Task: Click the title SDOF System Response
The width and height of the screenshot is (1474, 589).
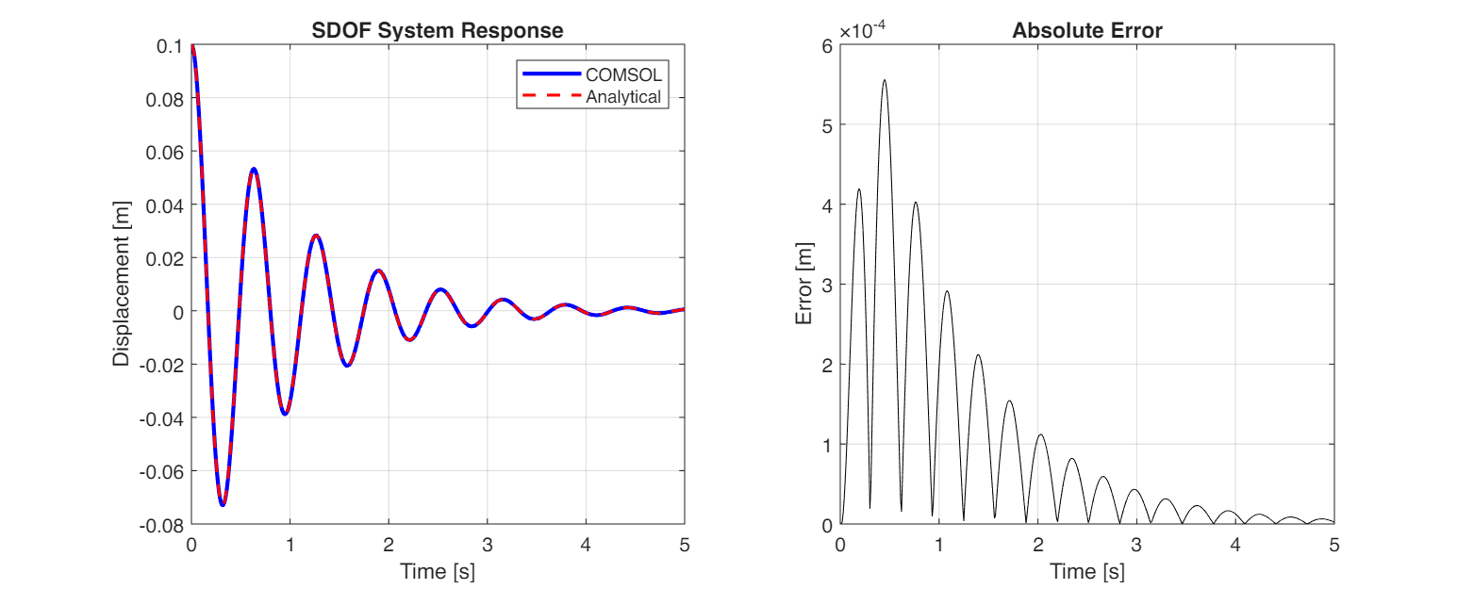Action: tap(438, 30)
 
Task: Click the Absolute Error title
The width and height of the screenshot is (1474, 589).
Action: tap(1086, 30)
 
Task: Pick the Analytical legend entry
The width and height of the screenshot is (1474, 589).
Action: tap(623, 96)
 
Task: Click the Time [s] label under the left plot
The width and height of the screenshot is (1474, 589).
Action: tap(438, 571)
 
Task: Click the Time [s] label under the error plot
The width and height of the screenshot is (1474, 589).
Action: tap(1086, 571)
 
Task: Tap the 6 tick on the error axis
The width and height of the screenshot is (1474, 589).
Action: tap(827, 45)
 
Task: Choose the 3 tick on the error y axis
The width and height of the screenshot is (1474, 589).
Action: tap(827, 285)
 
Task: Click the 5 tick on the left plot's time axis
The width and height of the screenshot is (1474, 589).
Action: tap(685, 544)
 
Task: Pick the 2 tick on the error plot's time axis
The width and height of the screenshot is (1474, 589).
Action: tap(1038, 544)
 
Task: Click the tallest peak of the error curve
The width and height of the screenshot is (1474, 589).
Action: tap(885, 80)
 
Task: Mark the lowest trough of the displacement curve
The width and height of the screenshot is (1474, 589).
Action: tap(223, 505)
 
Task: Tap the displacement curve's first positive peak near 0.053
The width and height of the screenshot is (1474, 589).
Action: tap(253, 169)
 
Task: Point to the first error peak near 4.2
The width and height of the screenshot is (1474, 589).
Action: tap(858, 189)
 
